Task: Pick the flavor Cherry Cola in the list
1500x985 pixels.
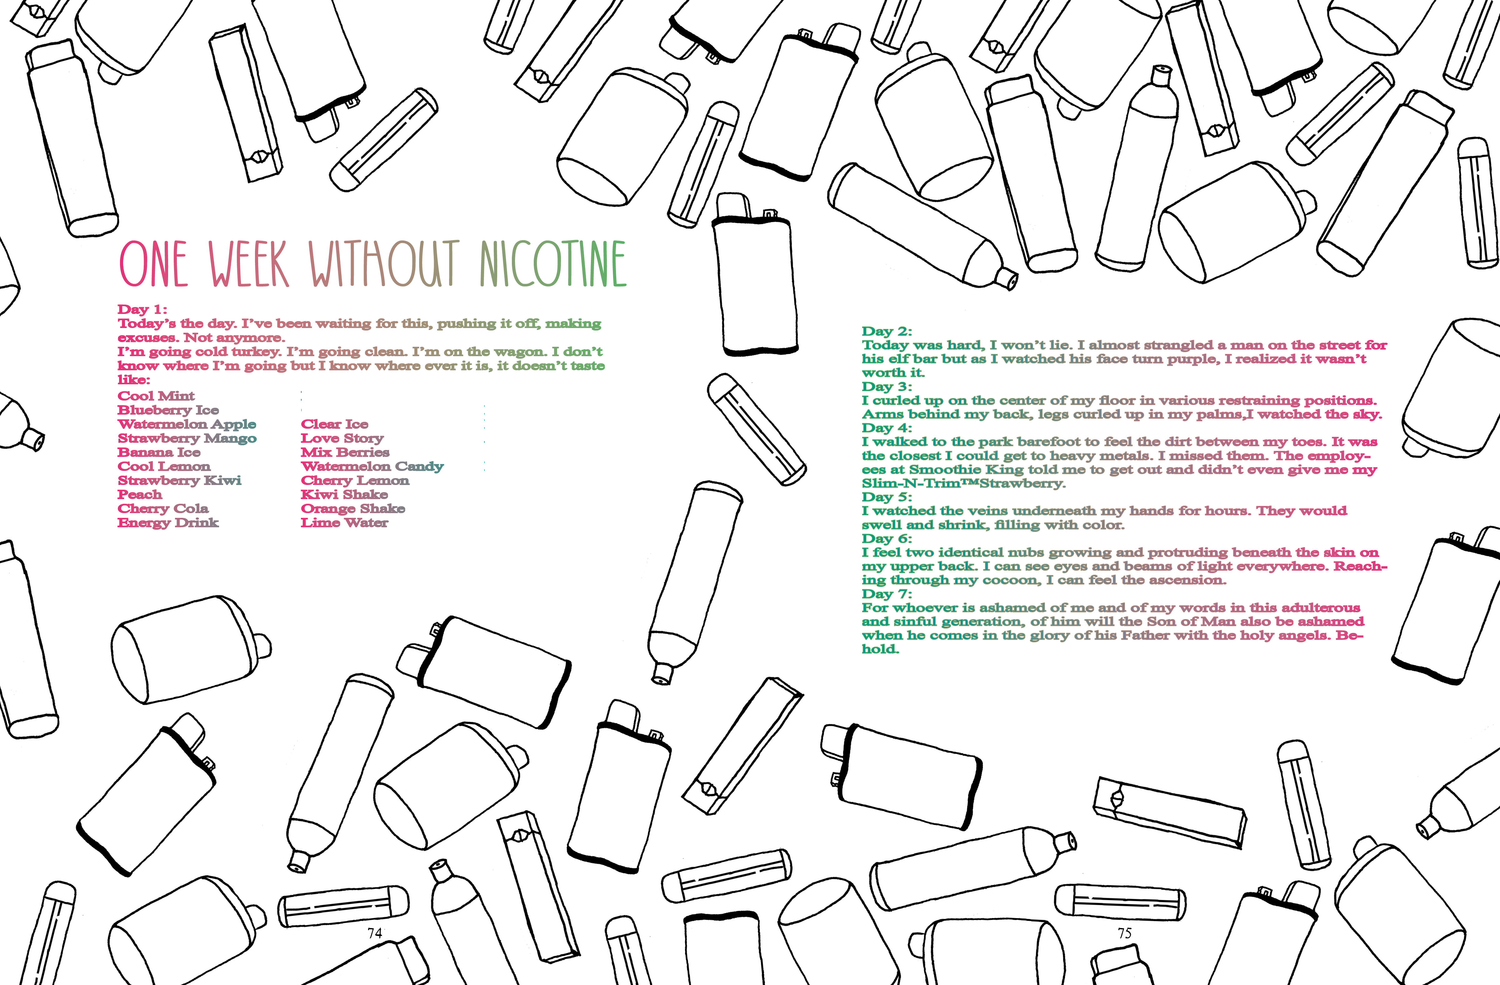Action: tap(162, 508)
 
